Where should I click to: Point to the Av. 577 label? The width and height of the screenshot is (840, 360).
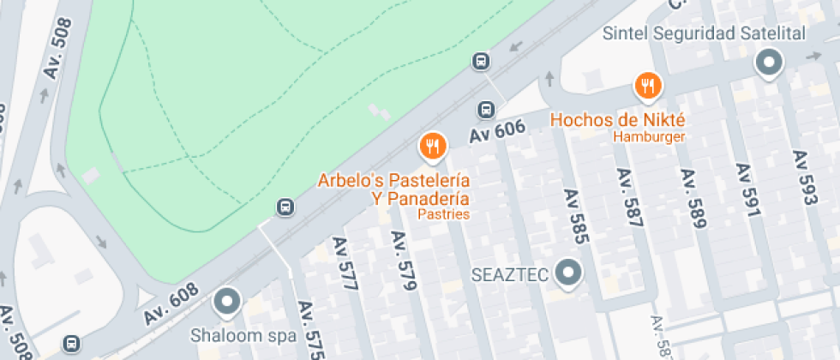tap(345, 264)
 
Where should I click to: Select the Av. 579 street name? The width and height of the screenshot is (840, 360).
tap(403, 260)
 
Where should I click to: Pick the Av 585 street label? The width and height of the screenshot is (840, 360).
tap(574, 217)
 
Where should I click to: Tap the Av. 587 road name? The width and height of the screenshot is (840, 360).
tap(629, 197)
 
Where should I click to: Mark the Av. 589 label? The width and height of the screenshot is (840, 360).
tap(693, 198)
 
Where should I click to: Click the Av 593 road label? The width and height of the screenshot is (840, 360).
tap(803, 177)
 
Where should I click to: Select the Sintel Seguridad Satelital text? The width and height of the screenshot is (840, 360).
tap(705, 34)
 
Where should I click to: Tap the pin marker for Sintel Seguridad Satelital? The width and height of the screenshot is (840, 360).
tap(769, 63)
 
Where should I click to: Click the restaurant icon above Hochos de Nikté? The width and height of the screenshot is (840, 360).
tap(647, 86)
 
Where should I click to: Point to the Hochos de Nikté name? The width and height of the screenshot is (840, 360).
tap(617, 119)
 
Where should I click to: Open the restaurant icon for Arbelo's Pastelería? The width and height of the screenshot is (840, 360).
tap(433, 147)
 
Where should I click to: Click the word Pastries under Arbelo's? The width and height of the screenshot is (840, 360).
tap(443, 214)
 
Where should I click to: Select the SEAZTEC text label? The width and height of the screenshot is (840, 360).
tap(510, 275)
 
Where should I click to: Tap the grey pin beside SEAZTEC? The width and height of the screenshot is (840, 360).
tap(567, 273)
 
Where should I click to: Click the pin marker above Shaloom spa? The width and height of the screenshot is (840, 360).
tap(227, 301)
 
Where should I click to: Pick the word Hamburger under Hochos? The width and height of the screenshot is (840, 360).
tap(649, 136)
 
